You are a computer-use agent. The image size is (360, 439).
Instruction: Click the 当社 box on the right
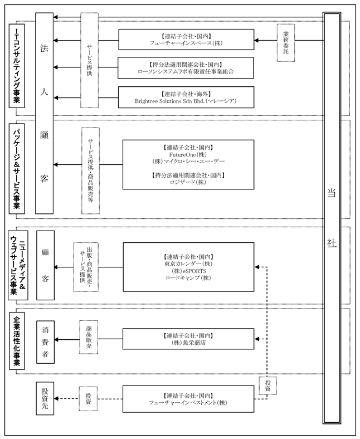(x=332, y=218)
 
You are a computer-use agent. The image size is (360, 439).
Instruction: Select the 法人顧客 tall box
(x=44, y=113)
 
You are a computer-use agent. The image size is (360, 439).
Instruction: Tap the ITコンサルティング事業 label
(x=17, y=66)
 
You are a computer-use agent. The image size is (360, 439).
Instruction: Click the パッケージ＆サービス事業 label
(x=17, y=169)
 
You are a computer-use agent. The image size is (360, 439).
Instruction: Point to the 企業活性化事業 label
(x=17, y=341)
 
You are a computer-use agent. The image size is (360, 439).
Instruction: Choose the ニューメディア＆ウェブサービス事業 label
(x=18, y=265)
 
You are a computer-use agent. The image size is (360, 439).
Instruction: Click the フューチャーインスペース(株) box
(x=186, y=40)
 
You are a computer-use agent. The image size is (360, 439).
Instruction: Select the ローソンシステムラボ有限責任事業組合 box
(x=186, y=68)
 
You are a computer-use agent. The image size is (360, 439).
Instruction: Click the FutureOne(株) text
(x=188, y=154)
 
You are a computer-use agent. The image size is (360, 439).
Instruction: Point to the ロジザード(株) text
(x=188, y=182)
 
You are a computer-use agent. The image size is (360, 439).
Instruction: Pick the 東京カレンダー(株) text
(x=188, y=264)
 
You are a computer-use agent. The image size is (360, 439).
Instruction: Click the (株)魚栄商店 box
(x=188, y=339)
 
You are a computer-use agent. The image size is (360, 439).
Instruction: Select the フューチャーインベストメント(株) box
(x=188, y=399)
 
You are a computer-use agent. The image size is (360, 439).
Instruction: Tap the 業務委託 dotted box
(x=286, y=42)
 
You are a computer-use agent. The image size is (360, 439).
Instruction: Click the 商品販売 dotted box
(x=89, y=337)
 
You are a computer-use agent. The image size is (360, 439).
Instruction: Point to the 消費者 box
(x=45, y=342)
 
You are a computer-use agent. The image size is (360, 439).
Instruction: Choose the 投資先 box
(x=45, y=398)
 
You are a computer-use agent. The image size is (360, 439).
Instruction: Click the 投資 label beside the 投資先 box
(x=88, y=399)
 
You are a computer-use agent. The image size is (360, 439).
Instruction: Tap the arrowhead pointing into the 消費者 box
(x=56, y=340)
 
